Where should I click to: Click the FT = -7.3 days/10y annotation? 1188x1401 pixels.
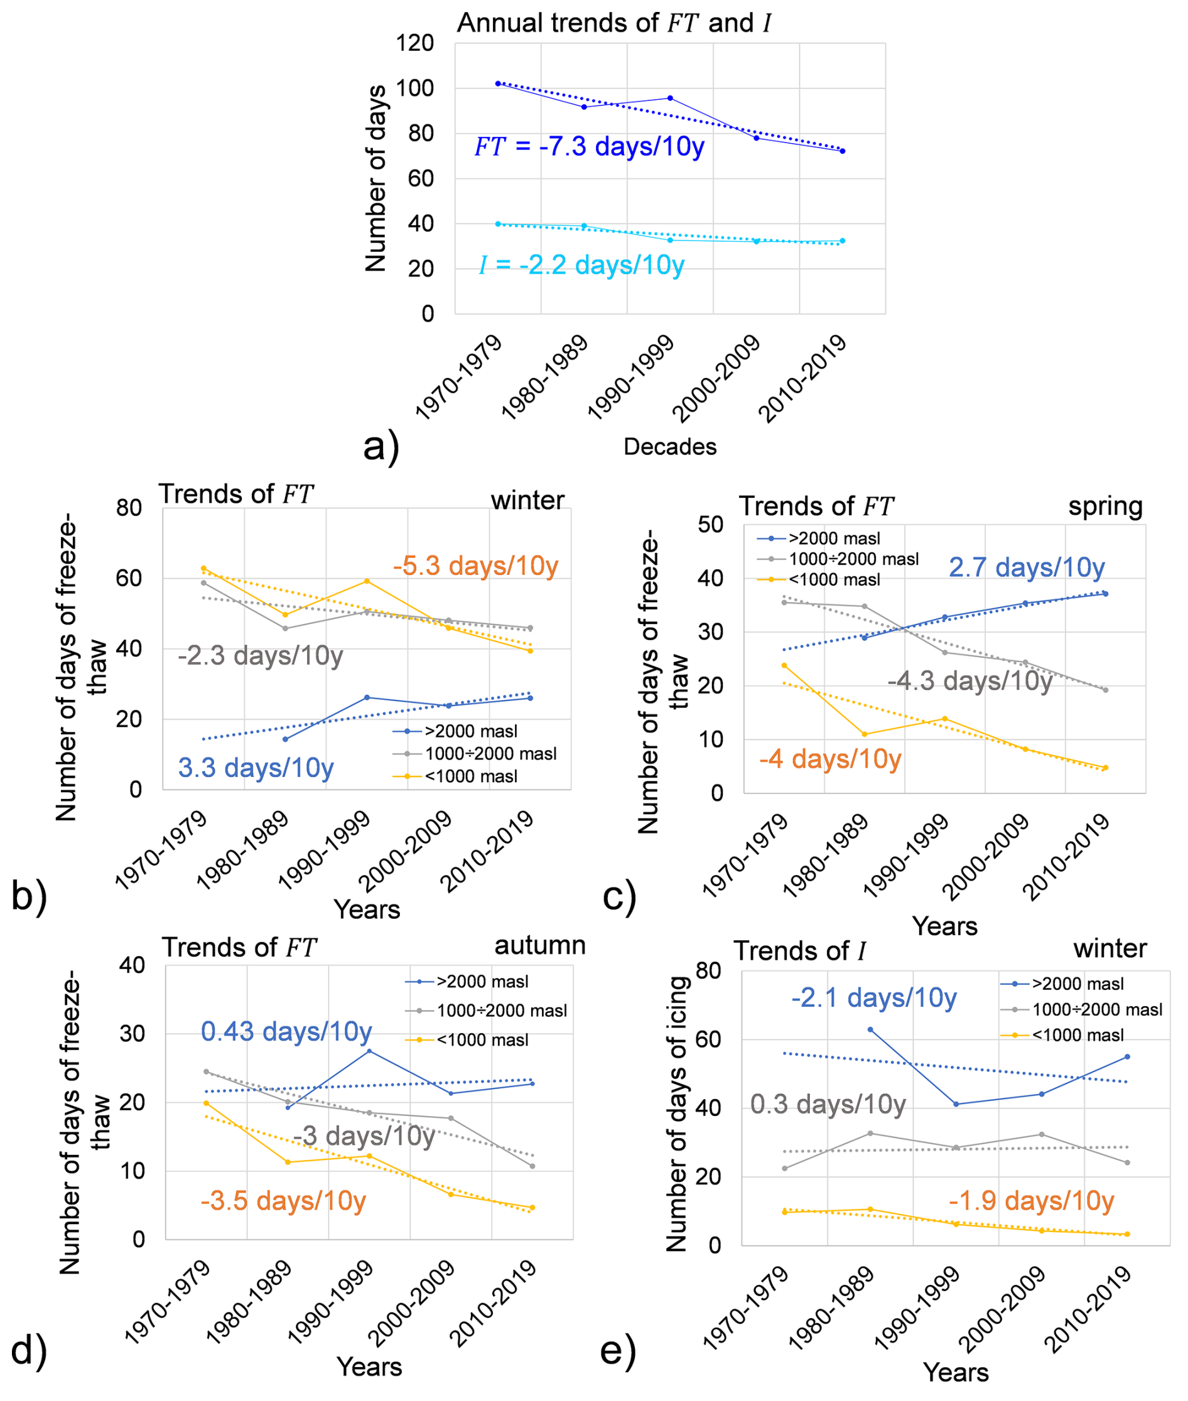coord(589,146)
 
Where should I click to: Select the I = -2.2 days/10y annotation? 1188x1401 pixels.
coord(582,266)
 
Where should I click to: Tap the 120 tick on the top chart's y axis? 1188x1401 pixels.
coord(415,44)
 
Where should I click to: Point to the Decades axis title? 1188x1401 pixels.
coord(669,446)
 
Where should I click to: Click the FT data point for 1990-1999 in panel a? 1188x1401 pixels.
coord(670,99)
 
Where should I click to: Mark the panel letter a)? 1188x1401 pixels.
coord(381,446)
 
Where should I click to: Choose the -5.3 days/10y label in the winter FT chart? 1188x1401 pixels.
coord(475,566)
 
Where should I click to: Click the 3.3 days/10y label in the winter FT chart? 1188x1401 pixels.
coord(256,768)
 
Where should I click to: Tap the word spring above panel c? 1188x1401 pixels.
coord(1105,507)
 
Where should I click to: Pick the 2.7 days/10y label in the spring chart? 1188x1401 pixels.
coord(1027,567)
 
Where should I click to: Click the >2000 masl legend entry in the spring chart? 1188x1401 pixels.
coord(819,539)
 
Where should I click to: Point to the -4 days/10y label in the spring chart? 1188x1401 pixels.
coord(829,759)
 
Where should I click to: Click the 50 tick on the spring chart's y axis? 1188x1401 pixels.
coord(711,525)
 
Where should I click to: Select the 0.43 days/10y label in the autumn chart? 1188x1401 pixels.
coord(286,1031)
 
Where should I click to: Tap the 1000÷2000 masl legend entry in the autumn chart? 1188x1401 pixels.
coord(486,1011)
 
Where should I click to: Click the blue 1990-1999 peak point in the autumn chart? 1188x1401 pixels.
coord(369,1051)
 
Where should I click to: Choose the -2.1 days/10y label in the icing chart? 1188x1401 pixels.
coord(873,998)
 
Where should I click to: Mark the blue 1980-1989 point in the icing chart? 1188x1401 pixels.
coord(870,1030)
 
